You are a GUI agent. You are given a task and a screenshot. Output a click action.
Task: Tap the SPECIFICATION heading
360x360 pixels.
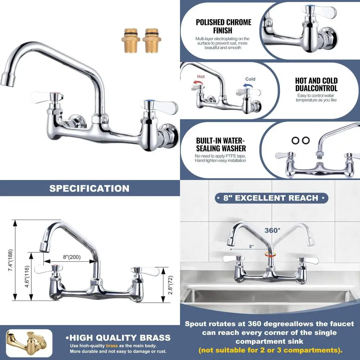89,188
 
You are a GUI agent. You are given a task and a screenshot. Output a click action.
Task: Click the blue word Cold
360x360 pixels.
250,79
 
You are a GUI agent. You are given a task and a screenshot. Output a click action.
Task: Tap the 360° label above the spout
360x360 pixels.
272,230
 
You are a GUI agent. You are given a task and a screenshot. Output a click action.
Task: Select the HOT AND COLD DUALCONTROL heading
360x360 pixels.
316,84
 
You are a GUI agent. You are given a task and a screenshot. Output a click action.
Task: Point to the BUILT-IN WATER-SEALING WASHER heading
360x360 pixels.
221,144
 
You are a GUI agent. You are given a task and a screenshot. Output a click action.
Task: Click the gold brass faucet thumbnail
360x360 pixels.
29,343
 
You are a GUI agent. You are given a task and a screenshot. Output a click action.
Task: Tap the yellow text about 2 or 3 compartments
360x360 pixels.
271,350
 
